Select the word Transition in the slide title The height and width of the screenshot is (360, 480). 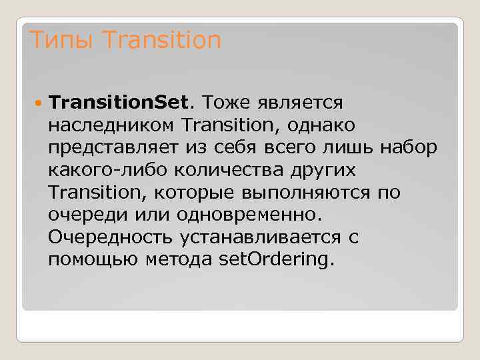[x=162, y=41]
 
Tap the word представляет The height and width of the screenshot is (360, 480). [x=112, y=147]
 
